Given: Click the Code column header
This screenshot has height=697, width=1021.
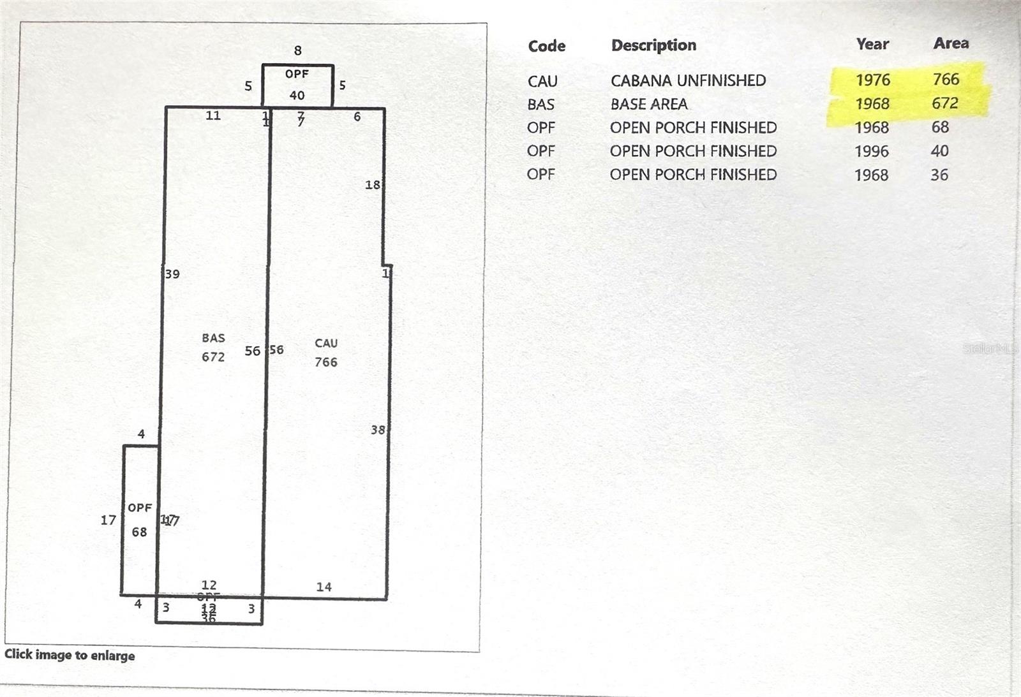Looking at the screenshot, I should point(546,46).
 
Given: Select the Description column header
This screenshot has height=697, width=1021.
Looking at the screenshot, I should point(653,45).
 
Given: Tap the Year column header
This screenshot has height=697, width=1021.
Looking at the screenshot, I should point(872,44).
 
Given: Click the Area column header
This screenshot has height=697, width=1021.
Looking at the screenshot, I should point(951,43).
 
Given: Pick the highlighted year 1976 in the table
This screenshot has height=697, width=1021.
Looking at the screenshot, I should point(872,80).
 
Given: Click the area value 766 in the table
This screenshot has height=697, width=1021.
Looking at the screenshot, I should point(946,79).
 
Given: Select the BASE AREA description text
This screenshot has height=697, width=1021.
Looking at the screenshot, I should point(648,104).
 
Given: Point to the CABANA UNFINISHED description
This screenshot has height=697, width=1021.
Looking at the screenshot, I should point(688,80).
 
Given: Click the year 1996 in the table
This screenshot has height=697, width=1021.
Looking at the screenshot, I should point(871,151).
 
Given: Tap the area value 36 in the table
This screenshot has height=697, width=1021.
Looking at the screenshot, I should point(939,175).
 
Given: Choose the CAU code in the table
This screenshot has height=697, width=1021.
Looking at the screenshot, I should point(542,81).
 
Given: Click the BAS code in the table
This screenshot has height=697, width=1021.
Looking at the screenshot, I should point(540,104).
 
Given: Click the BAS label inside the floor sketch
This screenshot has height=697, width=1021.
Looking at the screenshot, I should point(213,338).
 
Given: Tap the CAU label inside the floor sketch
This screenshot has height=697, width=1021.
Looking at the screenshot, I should point(326,343).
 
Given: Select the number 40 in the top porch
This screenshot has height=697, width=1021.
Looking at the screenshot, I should point(297,96).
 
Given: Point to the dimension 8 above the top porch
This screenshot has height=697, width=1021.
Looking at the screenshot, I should point(297,50).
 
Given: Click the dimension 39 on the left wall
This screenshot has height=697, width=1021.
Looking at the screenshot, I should point(172,274).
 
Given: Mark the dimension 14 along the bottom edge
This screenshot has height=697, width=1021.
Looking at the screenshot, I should point(324,587).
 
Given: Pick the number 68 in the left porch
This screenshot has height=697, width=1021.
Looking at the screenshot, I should point(139,532).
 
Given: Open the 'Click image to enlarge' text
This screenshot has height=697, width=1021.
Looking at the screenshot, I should point(70,655).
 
